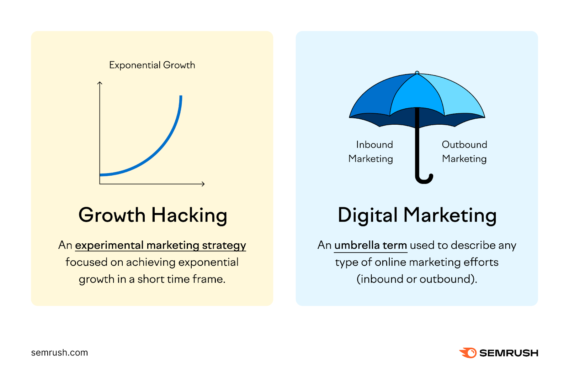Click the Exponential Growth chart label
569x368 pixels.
(152, 65)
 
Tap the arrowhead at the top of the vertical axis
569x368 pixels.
(100, 83)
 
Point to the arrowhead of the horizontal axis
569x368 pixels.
(203, 184)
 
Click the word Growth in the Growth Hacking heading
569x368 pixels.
(112, 215)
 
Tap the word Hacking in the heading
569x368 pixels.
(189, 216)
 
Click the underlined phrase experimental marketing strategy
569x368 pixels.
(160, 245)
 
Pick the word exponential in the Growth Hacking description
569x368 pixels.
(208, 263)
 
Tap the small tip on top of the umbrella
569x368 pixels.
(417, 73)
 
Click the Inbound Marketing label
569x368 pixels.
(371, 152)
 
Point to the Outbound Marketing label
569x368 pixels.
(464, 152)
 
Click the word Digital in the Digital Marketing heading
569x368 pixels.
(367, 216)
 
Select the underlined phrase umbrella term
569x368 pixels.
(371, 245)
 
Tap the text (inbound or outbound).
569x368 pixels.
(417, 279)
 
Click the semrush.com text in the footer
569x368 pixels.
(59, 353)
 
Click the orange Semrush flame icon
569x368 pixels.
(468, 353)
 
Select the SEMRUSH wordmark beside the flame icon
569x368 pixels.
(509, 353)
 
